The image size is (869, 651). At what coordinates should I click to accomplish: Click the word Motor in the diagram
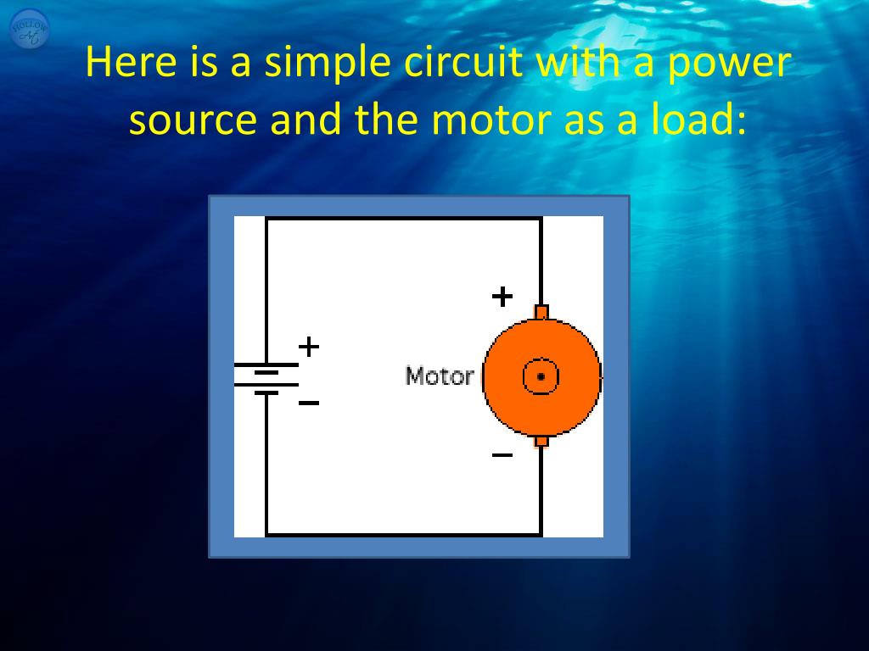(439, 376)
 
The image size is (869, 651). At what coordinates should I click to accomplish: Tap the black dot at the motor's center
(541, 376)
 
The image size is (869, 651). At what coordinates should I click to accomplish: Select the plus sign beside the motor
(502, 297)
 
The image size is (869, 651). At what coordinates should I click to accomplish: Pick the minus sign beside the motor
(502, 455)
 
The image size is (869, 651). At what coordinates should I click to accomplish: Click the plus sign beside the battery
(309, 346)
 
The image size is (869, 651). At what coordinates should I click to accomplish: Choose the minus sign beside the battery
(309, 403)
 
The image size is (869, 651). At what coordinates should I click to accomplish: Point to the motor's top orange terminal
(541, 312)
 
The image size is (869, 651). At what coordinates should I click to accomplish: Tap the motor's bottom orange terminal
(541, 440)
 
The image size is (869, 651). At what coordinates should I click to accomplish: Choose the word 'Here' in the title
(126, 64)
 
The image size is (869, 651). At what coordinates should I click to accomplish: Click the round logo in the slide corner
(30, 30)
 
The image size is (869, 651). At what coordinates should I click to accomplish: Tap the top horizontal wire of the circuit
(403, 218)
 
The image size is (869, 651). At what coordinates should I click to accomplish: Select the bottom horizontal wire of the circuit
(403, 535)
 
